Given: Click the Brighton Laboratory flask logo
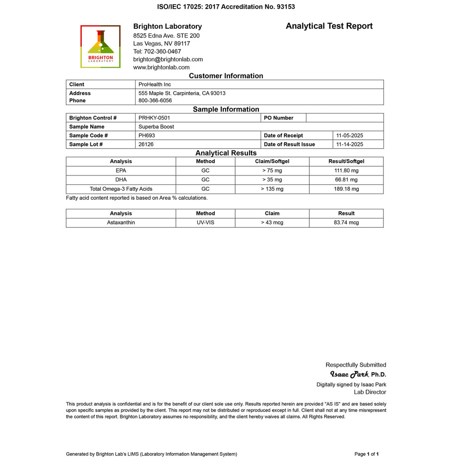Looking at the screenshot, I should [100, 46].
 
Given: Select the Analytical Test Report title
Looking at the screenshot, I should [329, 26].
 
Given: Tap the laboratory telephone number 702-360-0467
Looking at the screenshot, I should [157, 51].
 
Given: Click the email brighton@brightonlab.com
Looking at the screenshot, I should [168, 59].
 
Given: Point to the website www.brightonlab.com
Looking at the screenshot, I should [161, 67].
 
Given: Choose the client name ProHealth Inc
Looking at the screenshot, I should [155, 84].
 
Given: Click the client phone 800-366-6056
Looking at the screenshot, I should [155, 100].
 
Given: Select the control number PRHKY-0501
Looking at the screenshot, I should [154, 118].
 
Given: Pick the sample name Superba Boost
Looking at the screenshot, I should [156, 126].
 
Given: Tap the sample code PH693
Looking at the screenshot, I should [147, 135].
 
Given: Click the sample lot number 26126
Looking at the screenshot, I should [146, 144].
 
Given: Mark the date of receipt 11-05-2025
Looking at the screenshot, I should [349, 135].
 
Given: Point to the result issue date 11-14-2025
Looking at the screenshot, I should [349, 144].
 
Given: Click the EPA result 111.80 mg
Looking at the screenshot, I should [346, 170].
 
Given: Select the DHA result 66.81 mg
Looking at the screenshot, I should [346, 180].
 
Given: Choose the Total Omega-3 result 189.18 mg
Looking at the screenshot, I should [346, 189].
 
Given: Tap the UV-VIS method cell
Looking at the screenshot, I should [205, 223].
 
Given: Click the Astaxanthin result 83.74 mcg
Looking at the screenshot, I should [346, 223].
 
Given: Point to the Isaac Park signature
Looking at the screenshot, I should [349, 374].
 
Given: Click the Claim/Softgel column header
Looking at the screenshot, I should [272, 161].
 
